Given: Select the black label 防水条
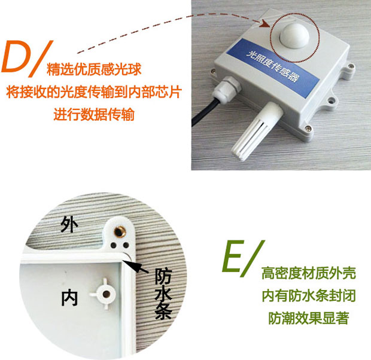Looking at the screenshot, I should coord(164,293).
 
